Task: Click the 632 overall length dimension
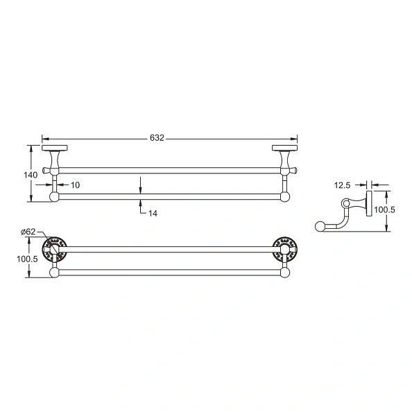(157, 138)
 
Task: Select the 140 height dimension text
(31, 175)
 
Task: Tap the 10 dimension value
(75, 184)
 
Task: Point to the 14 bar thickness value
(153, 214)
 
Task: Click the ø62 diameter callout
(28, 232)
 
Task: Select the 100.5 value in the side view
(384, 209)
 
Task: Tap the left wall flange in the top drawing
(53, 148)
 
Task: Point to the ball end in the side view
(320, 225)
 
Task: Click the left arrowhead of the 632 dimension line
(45, 138)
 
